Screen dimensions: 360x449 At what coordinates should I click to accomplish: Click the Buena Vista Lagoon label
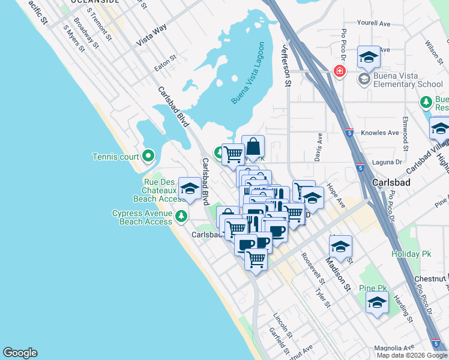tap(248, 73)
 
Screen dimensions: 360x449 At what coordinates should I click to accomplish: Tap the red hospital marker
tap(339, 71)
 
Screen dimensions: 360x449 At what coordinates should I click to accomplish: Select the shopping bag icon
tap(253, 146)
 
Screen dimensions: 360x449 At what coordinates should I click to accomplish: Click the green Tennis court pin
tap(148, 157)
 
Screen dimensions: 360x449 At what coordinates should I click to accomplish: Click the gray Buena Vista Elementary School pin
tap(364, 79)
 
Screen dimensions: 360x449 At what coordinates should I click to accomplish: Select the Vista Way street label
tap(151, 40)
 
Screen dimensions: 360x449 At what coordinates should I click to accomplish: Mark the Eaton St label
tap(166, 63)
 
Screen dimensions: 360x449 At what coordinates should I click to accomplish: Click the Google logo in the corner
tap(20, 353)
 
